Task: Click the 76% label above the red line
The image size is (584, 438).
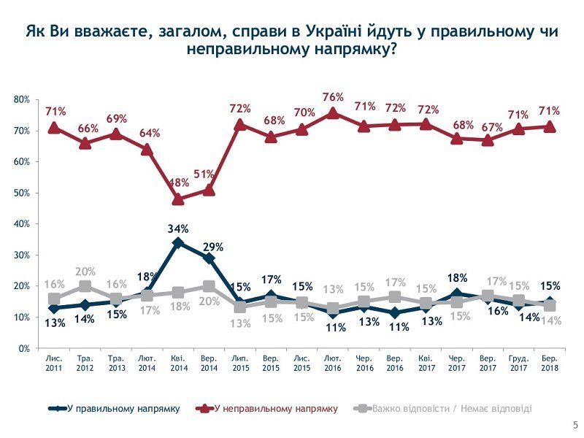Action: coord(333,96)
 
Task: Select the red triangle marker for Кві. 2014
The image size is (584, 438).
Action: coord(177,199)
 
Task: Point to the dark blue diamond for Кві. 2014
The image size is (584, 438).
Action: coord(177,242)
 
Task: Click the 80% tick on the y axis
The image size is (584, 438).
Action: coord(21,99)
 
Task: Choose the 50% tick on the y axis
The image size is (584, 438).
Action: coord(21,193)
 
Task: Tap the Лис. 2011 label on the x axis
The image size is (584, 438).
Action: coord(54,364)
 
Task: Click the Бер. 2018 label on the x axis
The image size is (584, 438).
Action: coord(550,364)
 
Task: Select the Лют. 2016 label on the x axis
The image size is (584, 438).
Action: coord(333,364)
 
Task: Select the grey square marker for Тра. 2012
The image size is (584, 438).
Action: coord(85,286)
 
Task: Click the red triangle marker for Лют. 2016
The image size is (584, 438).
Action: coord(333,113)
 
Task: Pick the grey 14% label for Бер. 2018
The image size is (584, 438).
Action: coord(553,322)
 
